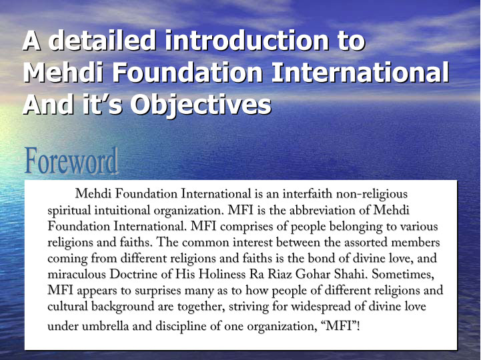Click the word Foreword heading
pyautogui.click(x=71, y=161)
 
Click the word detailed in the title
pyautogui.click(x=102, y=41)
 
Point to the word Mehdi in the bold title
pyautogui.click(x=63, y=73)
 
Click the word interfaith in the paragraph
pyautogui.click(x=308, y=194)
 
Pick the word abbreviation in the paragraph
pyautogui.click(x=324, y=211)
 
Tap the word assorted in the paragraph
pyautogui.click(x=366, y=243)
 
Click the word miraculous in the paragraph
pyautogui.click(x=77, y=274)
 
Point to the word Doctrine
pyautogui.click(x=133, y=274)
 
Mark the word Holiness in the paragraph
pyautogui.click(x=222, y=274)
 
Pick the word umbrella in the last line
pyautogui.click(x=105, y=326)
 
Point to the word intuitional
pyautogui.click(x=122, y=211)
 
